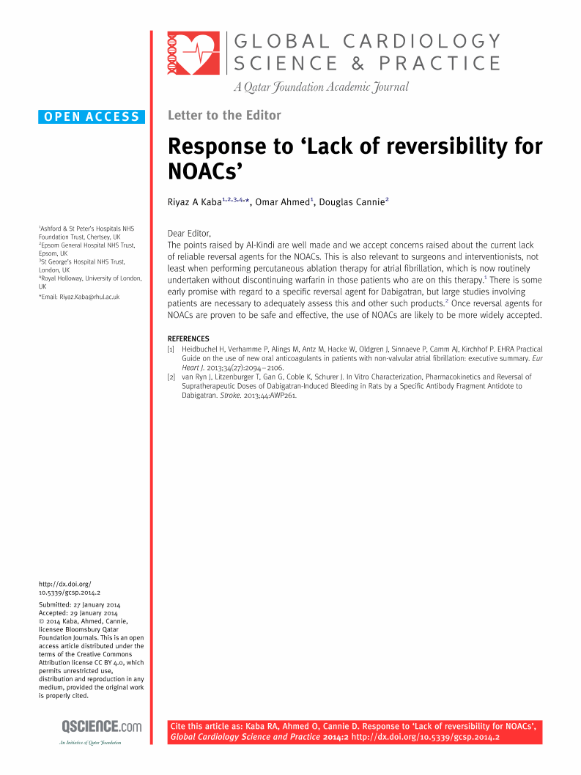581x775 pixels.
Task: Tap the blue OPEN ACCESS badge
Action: [92, 116]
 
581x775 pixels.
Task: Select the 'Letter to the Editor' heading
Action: [224, 115]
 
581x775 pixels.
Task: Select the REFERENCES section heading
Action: [188, 338]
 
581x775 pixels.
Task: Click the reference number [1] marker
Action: [171, 349]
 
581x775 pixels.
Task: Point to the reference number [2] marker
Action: [171, 377]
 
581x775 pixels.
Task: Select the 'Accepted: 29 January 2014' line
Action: [78, 612]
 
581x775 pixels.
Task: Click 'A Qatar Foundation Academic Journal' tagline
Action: [321, 87]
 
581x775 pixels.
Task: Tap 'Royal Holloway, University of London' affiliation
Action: [90, 278]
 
